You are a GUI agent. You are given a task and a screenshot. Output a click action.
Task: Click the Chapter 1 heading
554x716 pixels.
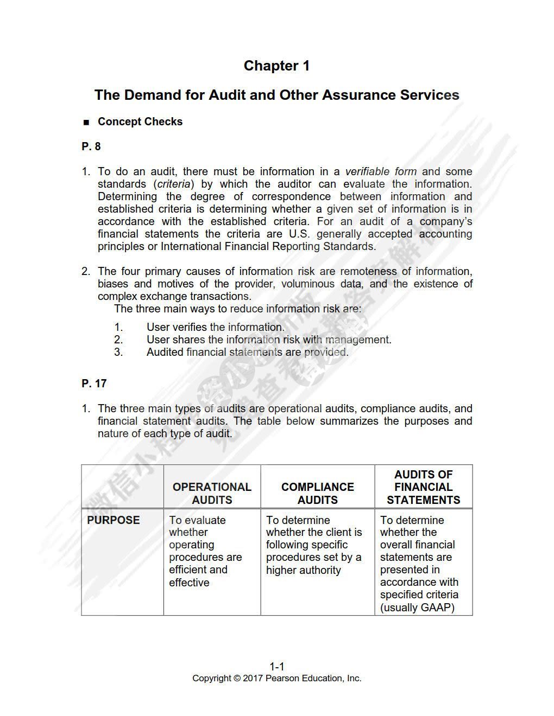(x=276, y=66)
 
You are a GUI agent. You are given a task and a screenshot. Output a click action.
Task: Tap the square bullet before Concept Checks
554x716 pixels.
(x=86, y=123)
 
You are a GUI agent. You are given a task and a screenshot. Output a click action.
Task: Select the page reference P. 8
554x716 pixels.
(x=91, y=146)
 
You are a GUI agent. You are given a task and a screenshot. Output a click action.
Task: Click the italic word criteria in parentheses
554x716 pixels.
(x=175, y=184)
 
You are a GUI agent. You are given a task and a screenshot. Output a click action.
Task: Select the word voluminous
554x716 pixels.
(x=308, y=284)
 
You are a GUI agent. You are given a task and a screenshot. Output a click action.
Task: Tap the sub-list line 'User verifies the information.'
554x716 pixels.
(x=215, y=327)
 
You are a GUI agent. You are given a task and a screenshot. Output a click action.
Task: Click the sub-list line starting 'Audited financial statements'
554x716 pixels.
(x=247, y=352)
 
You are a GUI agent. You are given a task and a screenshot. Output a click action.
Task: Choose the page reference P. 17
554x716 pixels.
(x=94, y=383)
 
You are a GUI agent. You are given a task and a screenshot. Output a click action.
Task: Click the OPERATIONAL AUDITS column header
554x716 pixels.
(x=212, y=494)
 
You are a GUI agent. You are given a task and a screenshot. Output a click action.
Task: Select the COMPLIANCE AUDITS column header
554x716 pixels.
(x=317, y=494)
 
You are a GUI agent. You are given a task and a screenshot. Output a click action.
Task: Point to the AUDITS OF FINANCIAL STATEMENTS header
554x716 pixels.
(x=423, y=487)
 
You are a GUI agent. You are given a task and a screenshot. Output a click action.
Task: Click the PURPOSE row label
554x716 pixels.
(x=114, y=520)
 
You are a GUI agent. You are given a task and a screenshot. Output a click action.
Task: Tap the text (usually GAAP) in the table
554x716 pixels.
(x=417, y=608)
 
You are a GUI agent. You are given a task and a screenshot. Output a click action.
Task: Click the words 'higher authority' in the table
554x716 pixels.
(x=303, y=570)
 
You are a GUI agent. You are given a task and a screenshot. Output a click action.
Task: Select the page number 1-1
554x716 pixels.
(x=277, y=667)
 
